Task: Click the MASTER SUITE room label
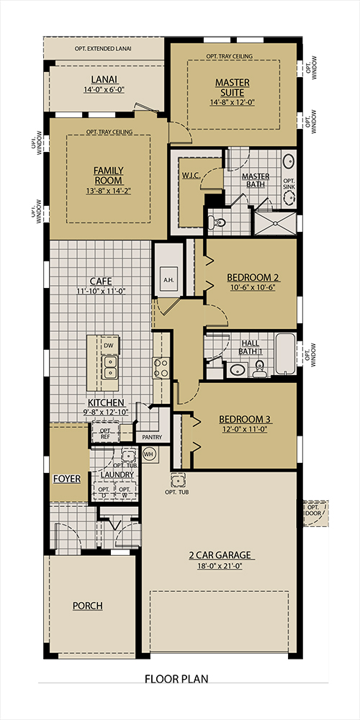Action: [232, 88]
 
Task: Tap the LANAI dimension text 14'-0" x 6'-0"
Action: [104, 90]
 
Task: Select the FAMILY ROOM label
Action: [108, 175]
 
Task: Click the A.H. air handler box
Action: [169, 279]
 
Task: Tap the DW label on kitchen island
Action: [109, 346]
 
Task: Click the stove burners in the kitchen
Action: [161, 368]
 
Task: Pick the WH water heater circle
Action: [150, 454]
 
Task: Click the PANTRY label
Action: [152, 437]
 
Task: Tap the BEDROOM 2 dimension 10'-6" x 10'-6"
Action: [251, 287]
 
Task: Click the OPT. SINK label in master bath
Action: [288, 184]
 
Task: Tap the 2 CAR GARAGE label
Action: [220, 554]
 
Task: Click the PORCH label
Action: [87, 606]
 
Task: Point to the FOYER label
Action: [66, 478]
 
